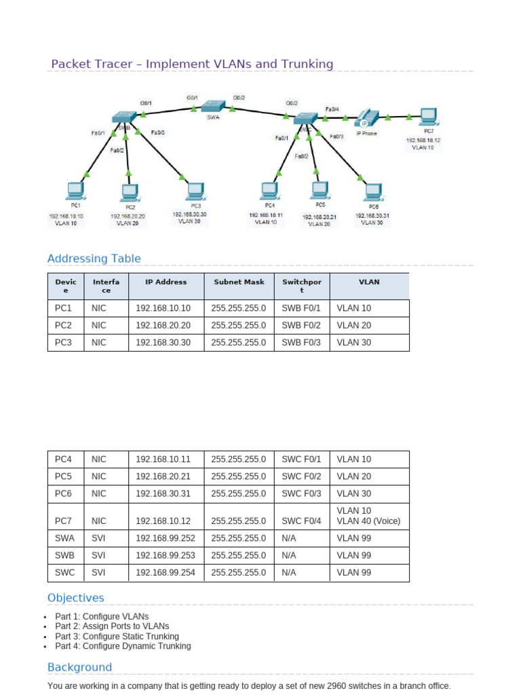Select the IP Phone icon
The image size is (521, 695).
coord(368,118)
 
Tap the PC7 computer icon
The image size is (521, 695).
coord(427,117)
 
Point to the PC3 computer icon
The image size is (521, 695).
coord(195,190)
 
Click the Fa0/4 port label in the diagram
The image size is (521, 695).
coord(332,109)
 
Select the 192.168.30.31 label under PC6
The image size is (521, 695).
coord(372,215)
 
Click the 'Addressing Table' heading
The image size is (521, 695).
coord(94,259)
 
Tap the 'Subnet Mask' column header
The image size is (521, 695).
coord(239,282)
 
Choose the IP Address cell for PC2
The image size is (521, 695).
coord(163,325)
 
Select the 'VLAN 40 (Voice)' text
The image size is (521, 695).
coord(368,521)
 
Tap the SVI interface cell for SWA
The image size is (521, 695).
coord(98,538)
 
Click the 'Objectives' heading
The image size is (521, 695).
coord(76,598)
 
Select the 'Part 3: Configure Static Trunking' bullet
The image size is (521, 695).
coord(117,637)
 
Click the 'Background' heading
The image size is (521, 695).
coord(79,667)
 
